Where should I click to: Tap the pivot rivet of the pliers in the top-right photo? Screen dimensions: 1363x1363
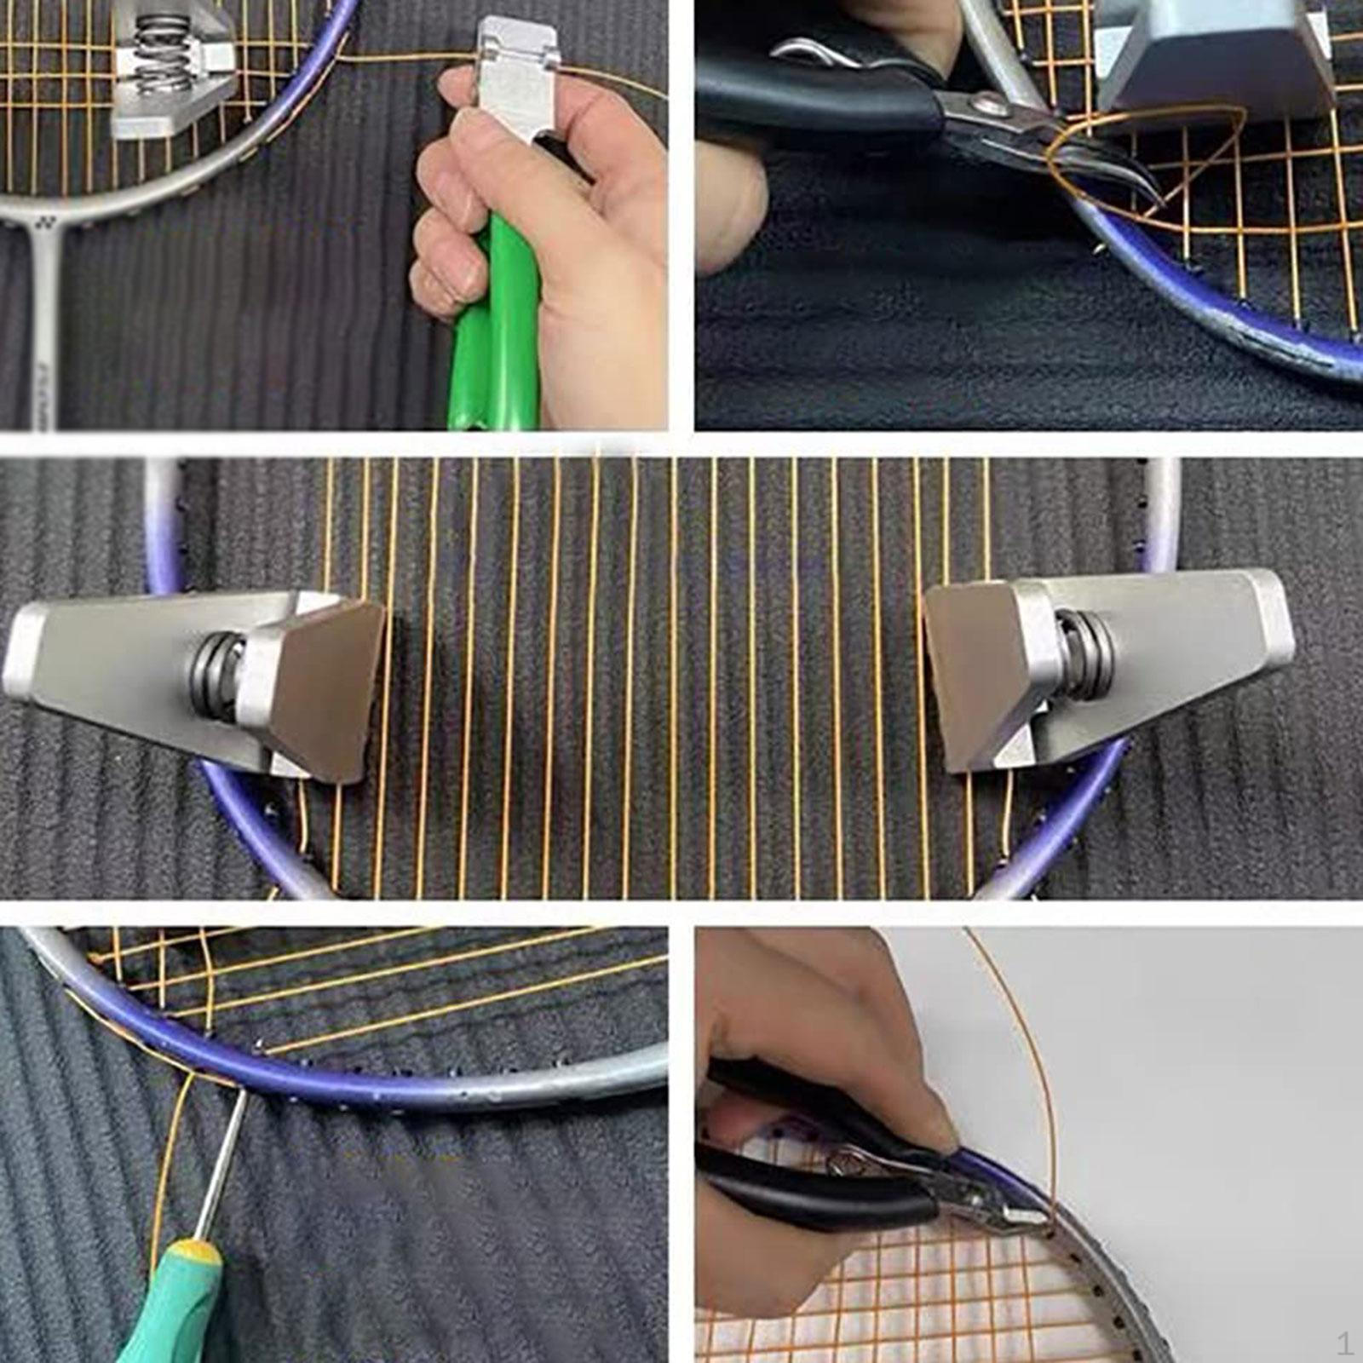[x=992, y=106]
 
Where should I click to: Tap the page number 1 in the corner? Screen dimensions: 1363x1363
[x=1343, y=1344]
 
